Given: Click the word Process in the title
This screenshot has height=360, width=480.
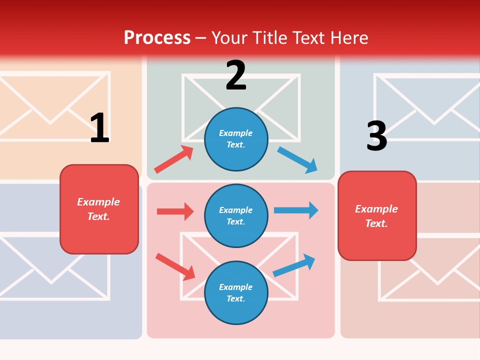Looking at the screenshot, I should pyautogui.click(x=157, y=38).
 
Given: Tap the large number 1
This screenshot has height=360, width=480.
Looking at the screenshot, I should pyautogui.click(x=99, y=128).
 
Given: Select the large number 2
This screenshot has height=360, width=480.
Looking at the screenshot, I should pyautogui.click(x=236, y=75).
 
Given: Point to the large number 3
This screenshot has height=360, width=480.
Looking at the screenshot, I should pyautogui.click(x=376, y=136).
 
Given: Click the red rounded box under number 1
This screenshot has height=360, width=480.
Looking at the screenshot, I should pyautogui.click(x=99, y=209).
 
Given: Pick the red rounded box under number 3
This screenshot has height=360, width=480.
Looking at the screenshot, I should pyautogui.click(x=377, y=216).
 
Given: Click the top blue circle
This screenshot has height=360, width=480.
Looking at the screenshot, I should pyautogui.click(x=236, y=139).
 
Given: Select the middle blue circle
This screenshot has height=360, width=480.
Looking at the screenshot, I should pyautogui.click(x=236, y=216).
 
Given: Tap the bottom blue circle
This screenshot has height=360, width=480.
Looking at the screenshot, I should pyautogui.click(x=236, y=293).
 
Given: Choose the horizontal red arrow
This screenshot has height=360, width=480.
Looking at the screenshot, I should pyautogui.click(x=175, y=211).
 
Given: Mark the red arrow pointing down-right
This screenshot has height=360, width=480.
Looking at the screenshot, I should pyautogui.click(x=175, y=266).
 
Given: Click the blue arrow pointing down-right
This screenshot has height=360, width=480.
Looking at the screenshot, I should pyautogui.click(x=297, y=159).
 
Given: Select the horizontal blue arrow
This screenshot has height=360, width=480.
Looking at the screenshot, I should pyautogui.click(x=296, y=210).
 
